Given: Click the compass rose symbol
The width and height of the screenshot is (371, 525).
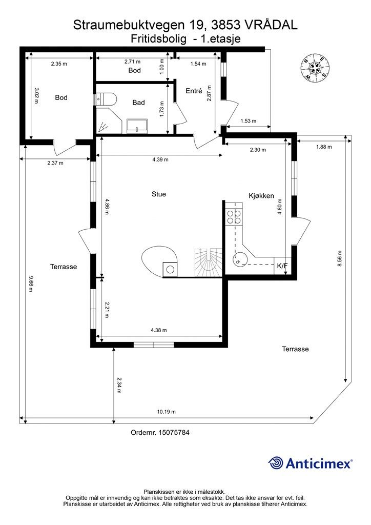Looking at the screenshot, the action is [315, 68].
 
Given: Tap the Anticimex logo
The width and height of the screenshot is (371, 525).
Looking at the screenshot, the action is [310, 463].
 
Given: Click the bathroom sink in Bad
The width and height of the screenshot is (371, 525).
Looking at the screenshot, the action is [137, 126].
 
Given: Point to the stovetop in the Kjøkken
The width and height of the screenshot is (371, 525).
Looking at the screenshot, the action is [234, 216].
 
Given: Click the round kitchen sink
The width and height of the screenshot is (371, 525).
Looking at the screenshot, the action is [240, 259].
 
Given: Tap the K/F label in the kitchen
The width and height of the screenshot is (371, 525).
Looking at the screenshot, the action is [282, 266].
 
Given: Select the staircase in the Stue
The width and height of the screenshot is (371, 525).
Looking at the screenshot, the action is [209, 262].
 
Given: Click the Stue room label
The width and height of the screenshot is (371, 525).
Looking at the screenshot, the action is [158, 194].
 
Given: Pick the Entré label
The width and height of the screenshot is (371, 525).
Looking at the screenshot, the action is [194, 91].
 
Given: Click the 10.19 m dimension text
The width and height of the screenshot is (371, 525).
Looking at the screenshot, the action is [166, 412].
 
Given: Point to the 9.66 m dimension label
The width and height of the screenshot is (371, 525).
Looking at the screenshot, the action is [31, 284].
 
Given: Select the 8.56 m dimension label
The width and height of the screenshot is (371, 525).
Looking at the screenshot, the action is [340, 258].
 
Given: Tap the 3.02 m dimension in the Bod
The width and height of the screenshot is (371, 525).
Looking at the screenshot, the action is [36, 96].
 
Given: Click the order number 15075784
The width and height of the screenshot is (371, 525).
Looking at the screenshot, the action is [174, 433].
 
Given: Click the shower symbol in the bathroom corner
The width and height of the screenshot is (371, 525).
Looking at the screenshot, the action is [104, 127].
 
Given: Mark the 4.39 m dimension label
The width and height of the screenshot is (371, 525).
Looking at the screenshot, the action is [160, 160].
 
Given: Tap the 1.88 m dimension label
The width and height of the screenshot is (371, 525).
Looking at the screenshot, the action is [324, 147].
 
